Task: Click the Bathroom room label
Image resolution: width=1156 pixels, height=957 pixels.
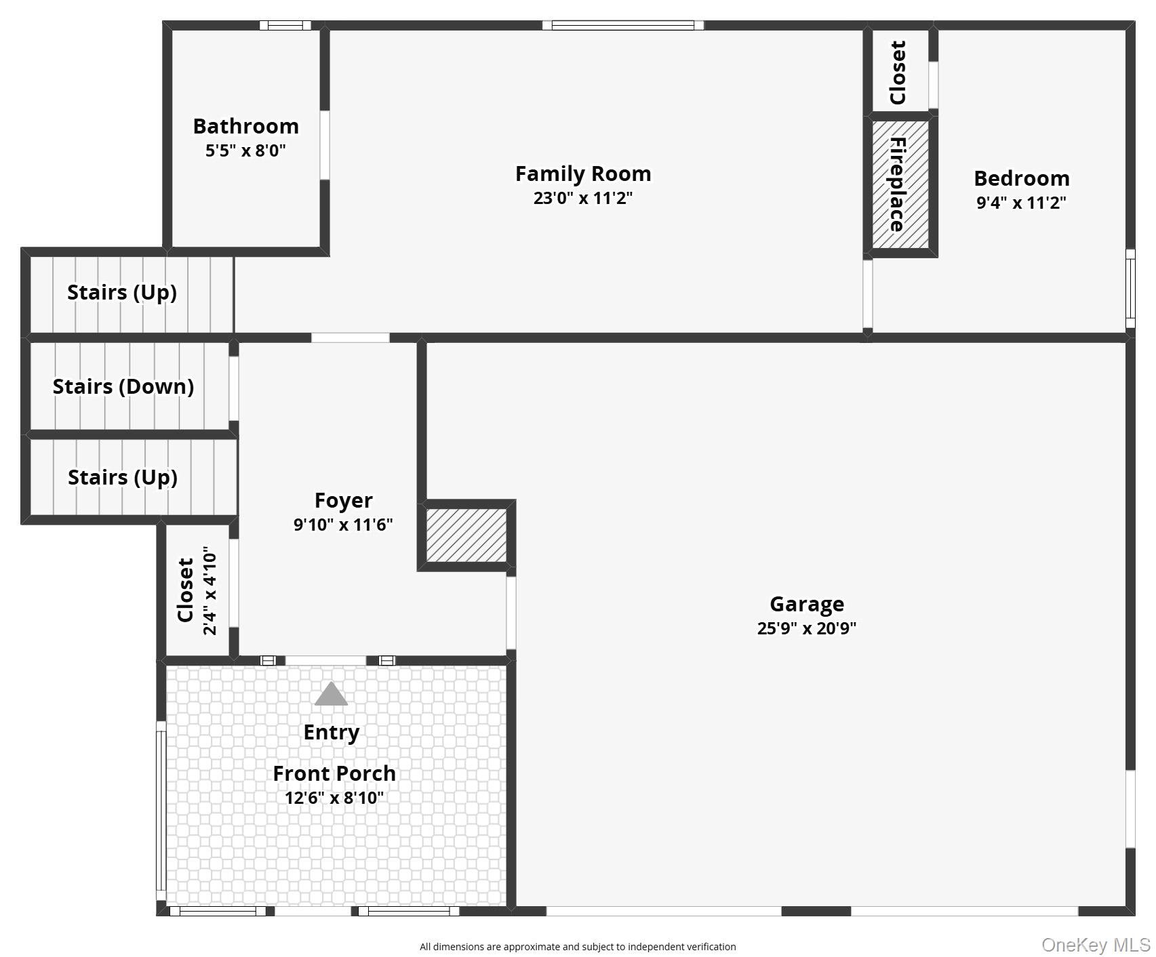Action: pos(245,126)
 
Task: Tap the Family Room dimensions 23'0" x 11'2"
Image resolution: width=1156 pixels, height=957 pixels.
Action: pos(582,198)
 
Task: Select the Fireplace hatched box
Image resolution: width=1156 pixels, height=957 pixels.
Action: pos(900,184)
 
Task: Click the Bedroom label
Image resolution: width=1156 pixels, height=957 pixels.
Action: pos(1021,178)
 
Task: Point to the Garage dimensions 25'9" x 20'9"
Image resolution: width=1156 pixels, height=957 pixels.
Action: pos(806,628)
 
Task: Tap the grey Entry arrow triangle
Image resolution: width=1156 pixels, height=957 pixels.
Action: pos(331,695)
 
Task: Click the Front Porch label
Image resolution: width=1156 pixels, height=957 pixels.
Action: pos(334,773)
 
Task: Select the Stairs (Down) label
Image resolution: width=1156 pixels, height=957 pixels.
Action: pos(123,386)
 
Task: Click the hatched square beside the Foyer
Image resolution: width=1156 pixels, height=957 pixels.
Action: pos(466,535)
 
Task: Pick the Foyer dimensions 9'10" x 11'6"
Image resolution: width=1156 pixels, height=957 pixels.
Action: pos(343,525)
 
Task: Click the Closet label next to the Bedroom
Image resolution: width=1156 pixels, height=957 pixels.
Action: pos(898,73)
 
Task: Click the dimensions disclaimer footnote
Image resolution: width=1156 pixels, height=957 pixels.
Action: pos(578,947)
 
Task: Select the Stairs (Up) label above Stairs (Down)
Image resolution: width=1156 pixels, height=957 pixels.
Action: pos(122,292)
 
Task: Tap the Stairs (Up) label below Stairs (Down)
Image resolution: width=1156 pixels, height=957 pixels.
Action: pos(123,477)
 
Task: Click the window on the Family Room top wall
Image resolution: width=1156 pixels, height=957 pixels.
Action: pos(622,26)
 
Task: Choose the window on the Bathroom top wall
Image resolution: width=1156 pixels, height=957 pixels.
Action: pos(285,26)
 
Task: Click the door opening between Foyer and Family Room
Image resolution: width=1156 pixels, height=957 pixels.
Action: pos(351,338)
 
